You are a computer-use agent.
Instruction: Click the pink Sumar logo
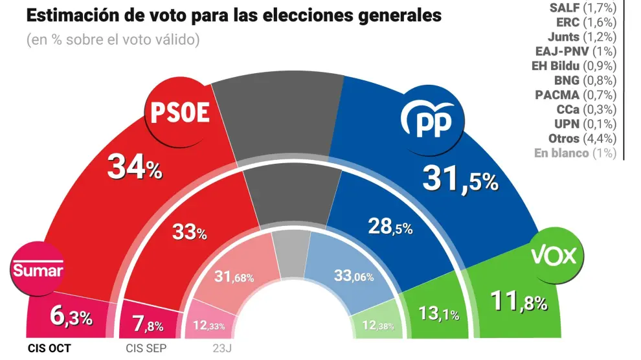click(x=38, y=269)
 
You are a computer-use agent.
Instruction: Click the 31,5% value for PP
click(x=460, y=179)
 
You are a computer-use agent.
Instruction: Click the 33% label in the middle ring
click(x=189, y=232)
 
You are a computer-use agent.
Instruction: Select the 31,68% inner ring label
click(x=234, y=277)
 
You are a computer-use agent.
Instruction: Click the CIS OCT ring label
click(x=49, y=348)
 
